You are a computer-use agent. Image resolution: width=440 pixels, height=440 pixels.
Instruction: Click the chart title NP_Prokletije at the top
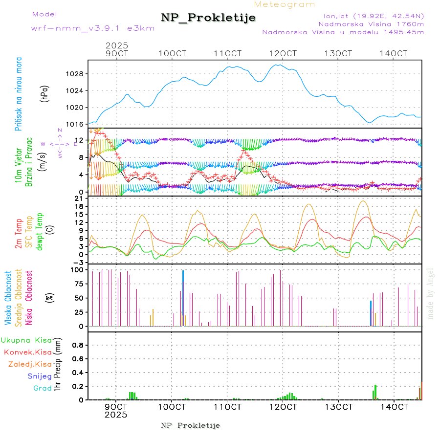click(x=208, y=18)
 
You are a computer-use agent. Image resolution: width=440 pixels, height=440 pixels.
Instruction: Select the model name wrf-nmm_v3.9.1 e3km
click(x=93, y=28)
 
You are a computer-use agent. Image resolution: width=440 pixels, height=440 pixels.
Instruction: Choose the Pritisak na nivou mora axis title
click(x=19, y=93)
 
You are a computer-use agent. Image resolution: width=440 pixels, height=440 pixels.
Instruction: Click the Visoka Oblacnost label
click(x=8, y=299)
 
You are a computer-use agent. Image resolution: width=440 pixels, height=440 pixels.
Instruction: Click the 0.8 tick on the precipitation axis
click(x=78, y=345)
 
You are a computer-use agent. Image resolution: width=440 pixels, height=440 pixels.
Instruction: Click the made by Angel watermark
click(x=431, y=293)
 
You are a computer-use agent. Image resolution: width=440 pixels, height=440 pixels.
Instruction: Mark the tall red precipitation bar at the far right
click(x=421, y=391)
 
